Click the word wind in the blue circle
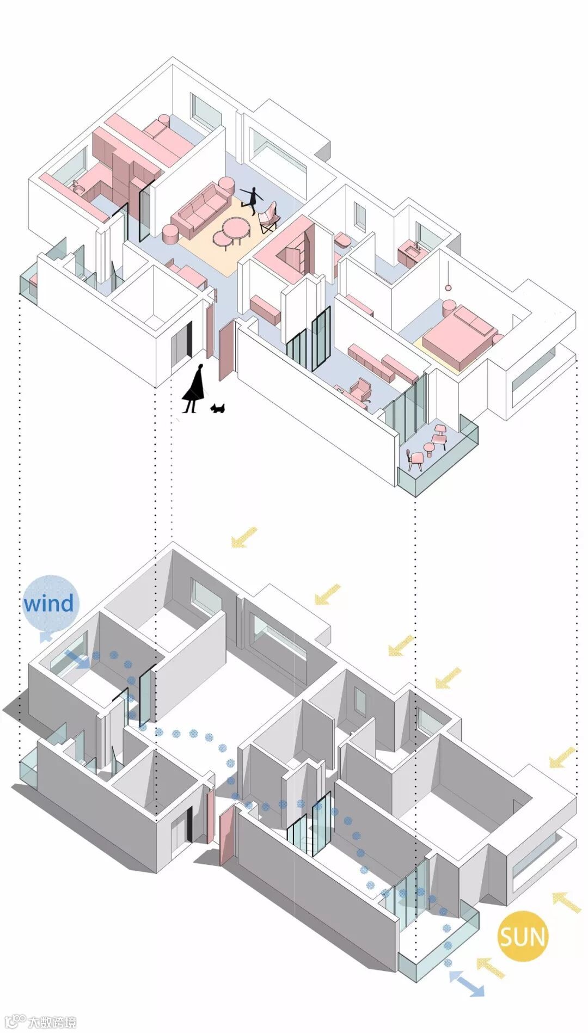(x=48, y=604)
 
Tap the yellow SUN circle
(x=522, y=936)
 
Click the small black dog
(x=219, y=408)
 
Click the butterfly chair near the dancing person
(x=269, y=217)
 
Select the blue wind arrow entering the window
(x=77, y=660)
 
